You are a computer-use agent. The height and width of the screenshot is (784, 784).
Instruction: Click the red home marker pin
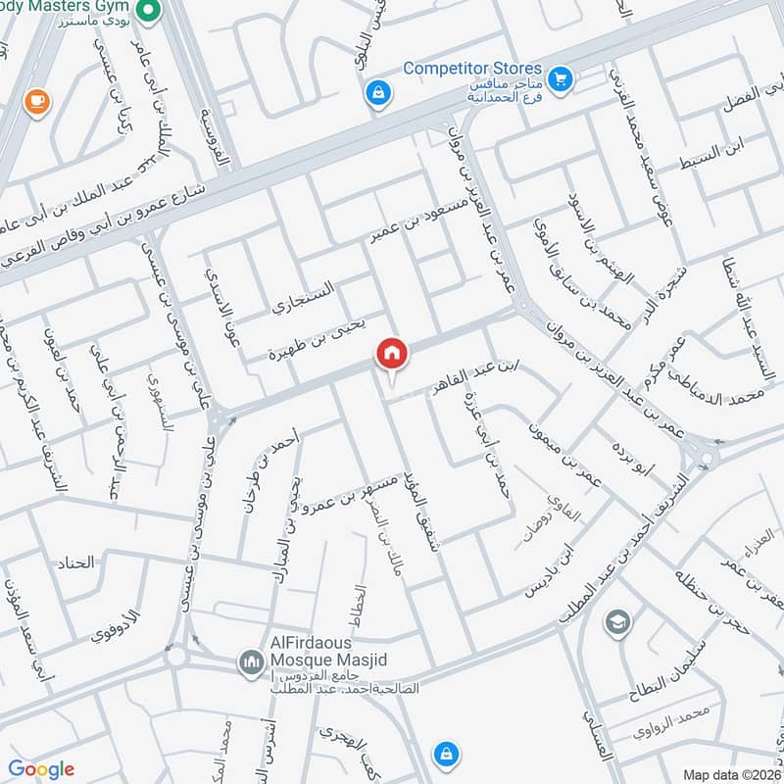pos(391,353)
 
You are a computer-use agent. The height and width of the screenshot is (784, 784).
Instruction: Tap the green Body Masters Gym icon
pos(148,12)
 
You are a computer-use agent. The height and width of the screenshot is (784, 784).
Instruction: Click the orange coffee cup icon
pos(35,101)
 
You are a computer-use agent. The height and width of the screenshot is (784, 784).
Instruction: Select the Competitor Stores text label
pos(473,69)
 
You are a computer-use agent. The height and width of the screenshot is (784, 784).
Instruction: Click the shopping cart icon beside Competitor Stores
pos(561,76)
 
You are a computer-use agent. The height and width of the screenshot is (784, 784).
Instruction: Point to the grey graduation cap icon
pos(616,622)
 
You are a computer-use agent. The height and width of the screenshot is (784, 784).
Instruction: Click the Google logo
pos(41,769)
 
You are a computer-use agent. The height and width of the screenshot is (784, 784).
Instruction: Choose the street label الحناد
pos(76,563)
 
